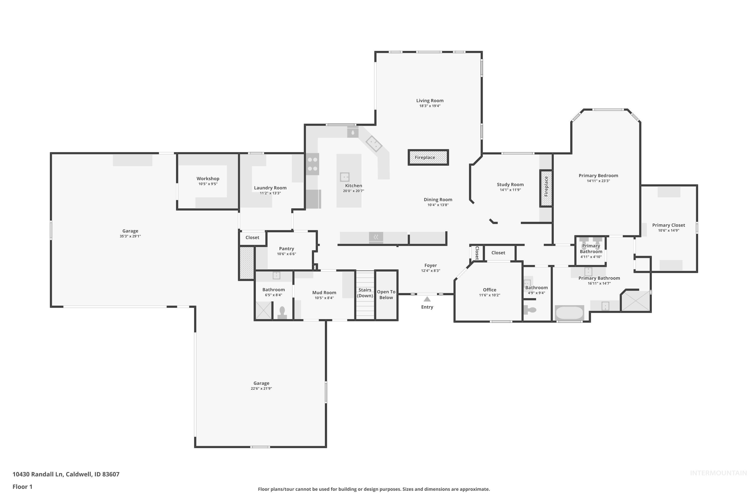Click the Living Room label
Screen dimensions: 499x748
click(430, 101)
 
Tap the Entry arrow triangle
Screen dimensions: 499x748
click(427, 299)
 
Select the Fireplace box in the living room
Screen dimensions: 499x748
click(428, 157)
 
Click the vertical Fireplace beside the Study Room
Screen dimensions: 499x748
click(546, 188)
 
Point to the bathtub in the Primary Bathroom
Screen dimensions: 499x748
click(569, 313)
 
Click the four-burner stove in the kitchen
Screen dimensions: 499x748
click(312, 164)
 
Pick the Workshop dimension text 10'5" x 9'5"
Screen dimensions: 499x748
click(208, 184)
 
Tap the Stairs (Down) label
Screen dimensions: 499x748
click(365, 293)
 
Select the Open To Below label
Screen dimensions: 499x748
click(386, 295)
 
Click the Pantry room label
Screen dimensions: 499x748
click(286, 249)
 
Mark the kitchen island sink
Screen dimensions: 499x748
click(345, 177)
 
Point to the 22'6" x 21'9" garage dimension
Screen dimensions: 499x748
click(261, 388)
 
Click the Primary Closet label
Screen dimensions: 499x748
click(668, 225)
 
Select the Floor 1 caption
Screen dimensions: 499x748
click(22, 487)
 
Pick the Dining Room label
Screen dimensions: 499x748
click(438, 200)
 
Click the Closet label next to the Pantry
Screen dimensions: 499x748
click(252, 238)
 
